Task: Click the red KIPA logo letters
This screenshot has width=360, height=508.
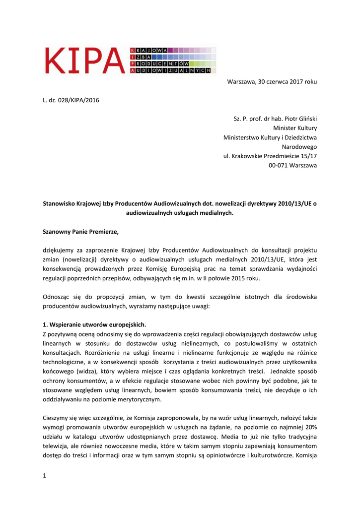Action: (85, 60)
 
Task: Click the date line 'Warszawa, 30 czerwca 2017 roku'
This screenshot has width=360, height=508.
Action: (272, 81)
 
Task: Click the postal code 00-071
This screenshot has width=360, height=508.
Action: (277, 165)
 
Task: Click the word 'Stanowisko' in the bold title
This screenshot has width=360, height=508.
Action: (61, 203)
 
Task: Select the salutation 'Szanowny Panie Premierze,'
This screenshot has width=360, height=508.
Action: (81, 231)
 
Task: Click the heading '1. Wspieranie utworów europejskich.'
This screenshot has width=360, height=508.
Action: (95, 324)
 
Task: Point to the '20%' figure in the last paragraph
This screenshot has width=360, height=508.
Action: (308, 427)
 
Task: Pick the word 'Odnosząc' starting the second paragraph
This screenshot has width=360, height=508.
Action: (56, 297)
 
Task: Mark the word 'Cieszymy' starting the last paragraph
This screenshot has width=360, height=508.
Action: (56, 418)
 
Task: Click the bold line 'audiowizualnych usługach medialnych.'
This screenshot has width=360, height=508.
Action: (180, 213)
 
